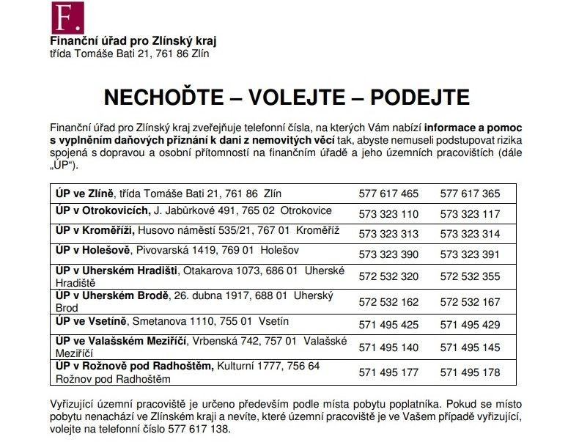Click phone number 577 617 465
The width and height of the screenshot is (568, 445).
click(389, 194)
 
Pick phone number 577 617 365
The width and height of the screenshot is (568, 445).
click(470, 194)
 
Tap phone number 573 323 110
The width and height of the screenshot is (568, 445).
click(389, 215)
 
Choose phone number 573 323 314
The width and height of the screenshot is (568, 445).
click(470, 235)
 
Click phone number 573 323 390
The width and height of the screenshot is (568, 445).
click(389, 254)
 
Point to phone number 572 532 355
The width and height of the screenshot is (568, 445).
click(470, 276)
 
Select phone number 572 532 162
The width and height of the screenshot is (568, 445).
click(389, 301)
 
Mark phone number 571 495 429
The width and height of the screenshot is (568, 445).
click(470, 324)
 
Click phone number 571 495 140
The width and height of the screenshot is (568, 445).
click(389, 347)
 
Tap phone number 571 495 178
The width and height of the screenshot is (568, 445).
click(470, 372)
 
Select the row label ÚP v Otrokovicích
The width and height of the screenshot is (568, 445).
click(102, 212)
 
